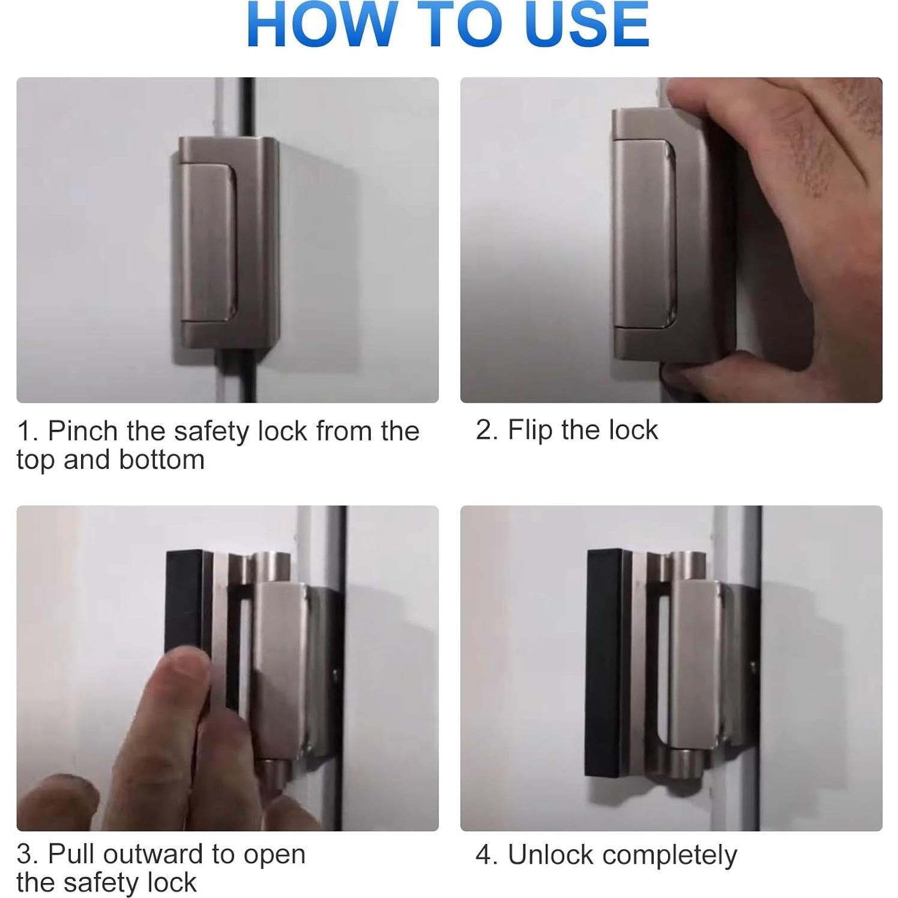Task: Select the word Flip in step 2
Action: pos(530,430)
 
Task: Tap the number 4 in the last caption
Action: pos(484,855)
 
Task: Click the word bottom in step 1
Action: pos(161,460)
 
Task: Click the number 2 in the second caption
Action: pos(484,430)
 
